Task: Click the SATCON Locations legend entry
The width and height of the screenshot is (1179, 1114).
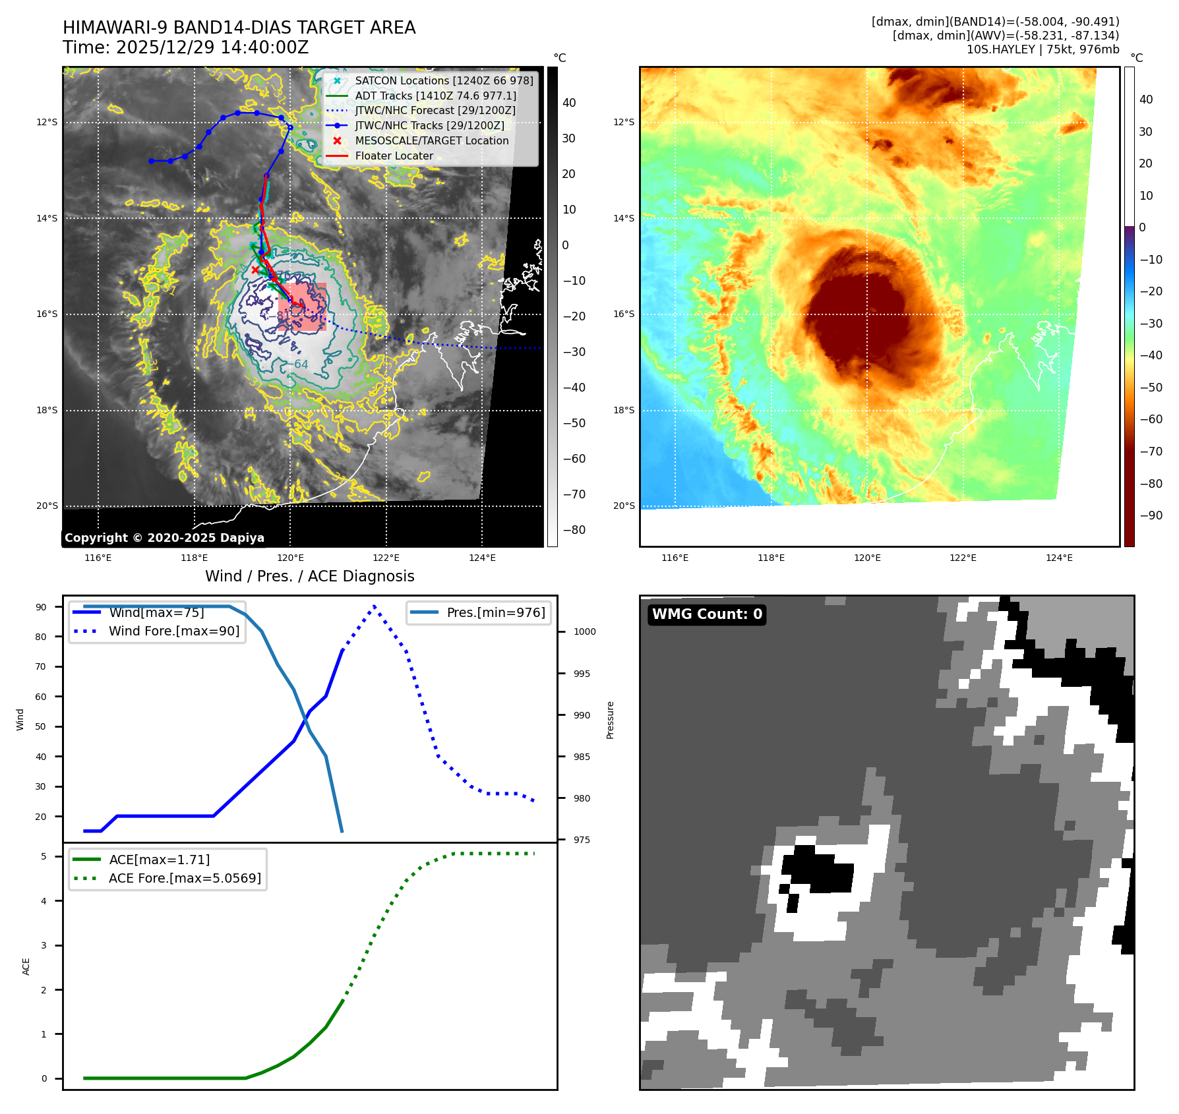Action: [444, 80]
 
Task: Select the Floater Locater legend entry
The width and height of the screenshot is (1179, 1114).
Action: [394, 156]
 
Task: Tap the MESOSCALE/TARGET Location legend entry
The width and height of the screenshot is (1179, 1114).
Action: [431, 141]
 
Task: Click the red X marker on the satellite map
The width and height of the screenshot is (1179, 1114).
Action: [256, 270]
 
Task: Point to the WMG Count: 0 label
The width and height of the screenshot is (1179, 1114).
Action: [707, 614]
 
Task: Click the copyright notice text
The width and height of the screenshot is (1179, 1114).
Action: [164, 538]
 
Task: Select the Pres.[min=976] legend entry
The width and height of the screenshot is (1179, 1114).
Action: [496, 612]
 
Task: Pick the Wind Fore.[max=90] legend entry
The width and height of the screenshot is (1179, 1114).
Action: [174, 631]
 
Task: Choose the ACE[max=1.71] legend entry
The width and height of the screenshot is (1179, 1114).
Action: [159, 860]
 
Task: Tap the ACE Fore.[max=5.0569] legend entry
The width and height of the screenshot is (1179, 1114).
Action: [185, 878]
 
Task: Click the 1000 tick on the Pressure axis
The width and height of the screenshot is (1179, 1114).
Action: [584, 631]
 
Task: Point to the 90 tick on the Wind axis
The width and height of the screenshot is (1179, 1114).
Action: [42, 607]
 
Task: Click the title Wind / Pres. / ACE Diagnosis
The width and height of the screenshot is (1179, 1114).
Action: [310, 576]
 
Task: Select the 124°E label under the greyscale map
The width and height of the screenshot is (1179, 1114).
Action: [482, 558]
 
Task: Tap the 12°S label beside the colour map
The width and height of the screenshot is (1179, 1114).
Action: [624, 123]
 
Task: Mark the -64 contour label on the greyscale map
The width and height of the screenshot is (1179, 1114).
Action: [301, 365]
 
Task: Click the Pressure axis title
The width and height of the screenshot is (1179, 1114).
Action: [611, 720]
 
